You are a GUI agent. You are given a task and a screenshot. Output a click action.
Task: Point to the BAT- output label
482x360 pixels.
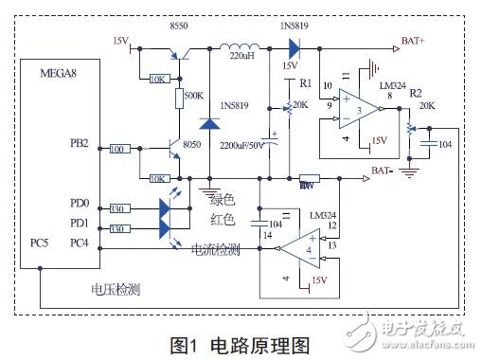pos(384,171)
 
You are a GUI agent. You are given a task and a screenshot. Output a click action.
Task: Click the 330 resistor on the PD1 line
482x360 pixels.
pos(118,228)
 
